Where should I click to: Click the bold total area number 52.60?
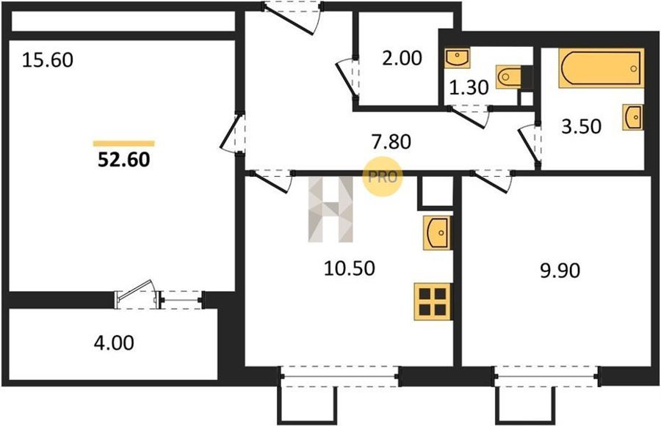124,160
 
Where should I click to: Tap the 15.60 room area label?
47,60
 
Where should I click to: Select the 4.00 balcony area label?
114,342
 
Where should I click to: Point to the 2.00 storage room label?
402,58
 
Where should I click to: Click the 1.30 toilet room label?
469,87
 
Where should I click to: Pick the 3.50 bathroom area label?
581,126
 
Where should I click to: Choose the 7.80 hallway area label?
391,142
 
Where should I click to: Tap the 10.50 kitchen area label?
350,268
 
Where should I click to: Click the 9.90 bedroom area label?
560,271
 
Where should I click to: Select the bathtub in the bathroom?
601,68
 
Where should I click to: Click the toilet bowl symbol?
509,77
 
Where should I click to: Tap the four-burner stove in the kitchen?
433,302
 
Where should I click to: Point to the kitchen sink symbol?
437,232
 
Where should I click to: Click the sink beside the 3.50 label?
633,117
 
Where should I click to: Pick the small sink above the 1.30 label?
458,58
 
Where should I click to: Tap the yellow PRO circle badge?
383,177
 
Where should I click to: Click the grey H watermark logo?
330,209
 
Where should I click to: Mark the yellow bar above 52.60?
124,144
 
